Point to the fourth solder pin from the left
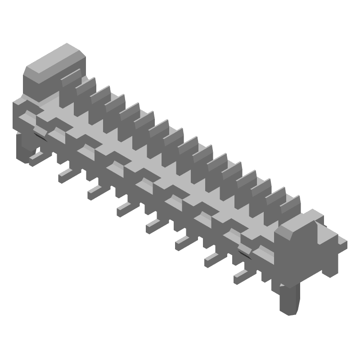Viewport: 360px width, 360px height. (124, 208)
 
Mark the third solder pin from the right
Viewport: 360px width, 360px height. (183, 242)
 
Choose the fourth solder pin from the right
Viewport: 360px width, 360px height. (153, 225)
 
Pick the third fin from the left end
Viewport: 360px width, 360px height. (100, 95)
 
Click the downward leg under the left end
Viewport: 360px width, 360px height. (25, 148)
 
